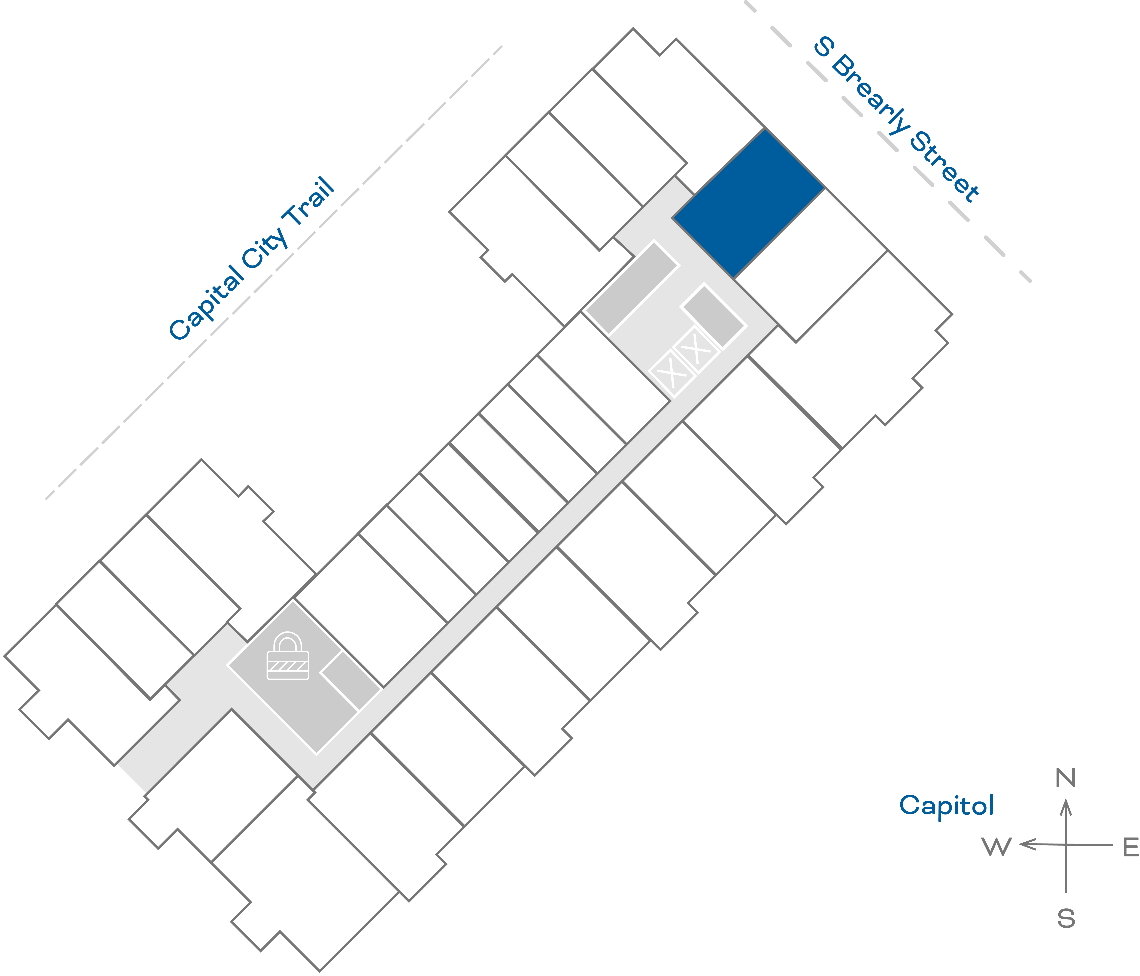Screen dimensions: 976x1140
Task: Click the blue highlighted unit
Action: [748, 204]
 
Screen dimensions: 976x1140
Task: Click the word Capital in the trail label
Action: [205, 303]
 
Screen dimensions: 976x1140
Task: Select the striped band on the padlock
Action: [288, 666]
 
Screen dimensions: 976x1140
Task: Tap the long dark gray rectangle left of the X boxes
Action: [632, 287]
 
